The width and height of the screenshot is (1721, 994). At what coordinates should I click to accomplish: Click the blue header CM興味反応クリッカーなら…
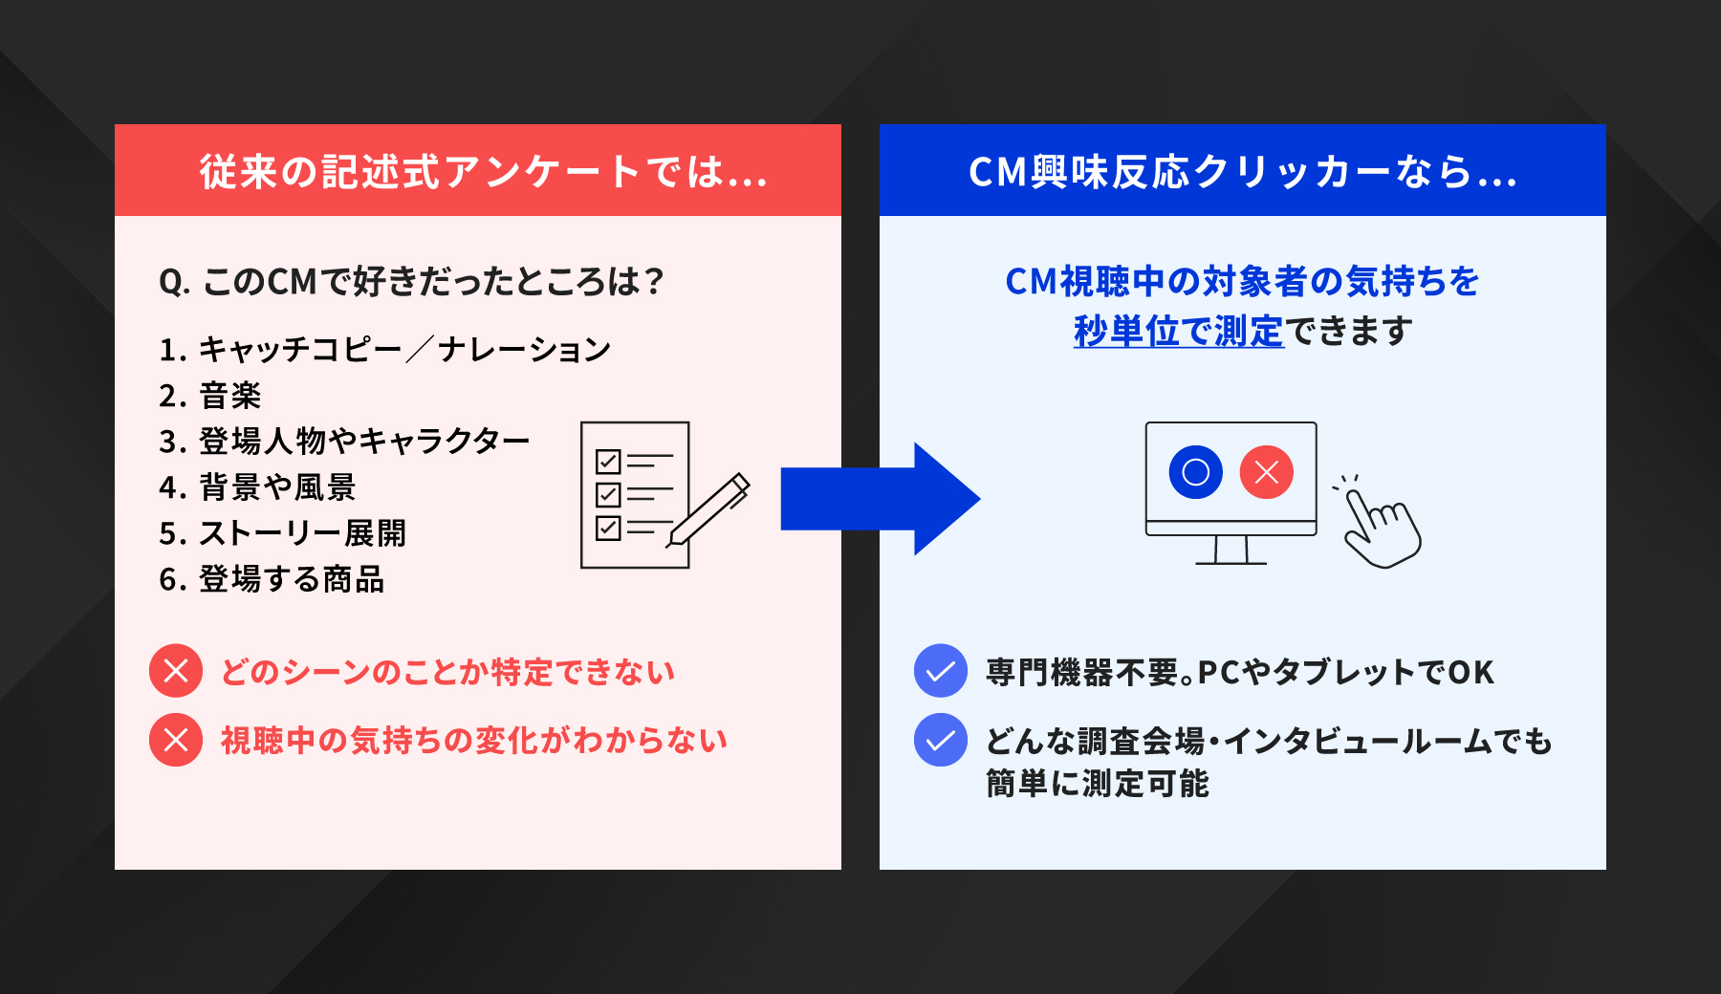(x=1242, y=171)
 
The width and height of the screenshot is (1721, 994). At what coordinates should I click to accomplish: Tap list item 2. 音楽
(x=210, y=396)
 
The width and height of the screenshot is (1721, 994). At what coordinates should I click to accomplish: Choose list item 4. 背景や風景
(x=257, y=487)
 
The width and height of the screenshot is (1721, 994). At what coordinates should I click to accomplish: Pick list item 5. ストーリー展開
(x=282, y=533)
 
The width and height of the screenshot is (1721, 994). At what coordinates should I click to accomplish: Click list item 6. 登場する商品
(x=272, y=579)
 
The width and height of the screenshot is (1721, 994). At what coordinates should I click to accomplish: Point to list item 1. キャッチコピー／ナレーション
(x=384, y=350)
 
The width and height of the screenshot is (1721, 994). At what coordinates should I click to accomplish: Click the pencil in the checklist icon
(x=709, y=509)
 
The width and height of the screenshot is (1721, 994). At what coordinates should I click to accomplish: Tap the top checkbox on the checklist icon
(x=608, y=462)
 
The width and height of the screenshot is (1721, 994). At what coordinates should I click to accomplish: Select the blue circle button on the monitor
(x=1195, y=472)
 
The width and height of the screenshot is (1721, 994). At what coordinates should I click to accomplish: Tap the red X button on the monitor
(x=1266, y=472)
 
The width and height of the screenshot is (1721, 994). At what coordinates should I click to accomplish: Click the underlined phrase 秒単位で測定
(x=1178, y=331)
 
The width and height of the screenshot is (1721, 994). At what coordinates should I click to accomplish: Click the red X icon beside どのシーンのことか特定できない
(x=176, y=671)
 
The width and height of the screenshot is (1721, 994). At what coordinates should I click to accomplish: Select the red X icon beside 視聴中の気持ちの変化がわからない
(x=176, y=740)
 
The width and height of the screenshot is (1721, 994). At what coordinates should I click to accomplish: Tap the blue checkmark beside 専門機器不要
(x=941, y=671)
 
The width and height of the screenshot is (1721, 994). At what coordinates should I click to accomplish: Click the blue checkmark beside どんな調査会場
(x=941, y=740)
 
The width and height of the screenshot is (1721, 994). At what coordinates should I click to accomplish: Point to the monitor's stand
(x=1231, y=551)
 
